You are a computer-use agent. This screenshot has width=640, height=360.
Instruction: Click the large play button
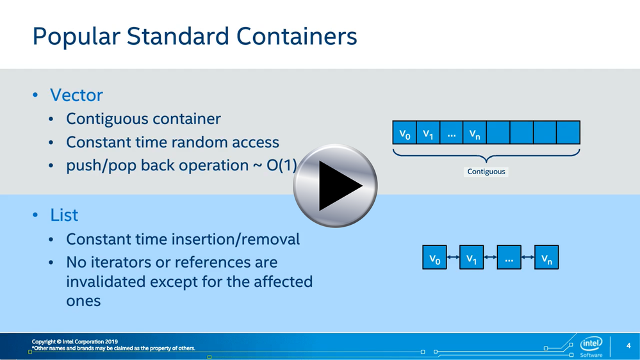(x=335, y=186)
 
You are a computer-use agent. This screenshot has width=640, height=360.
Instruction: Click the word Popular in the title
(x=76, y=37)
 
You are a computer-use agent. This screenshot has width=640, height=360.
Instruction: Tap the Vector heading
(x=76, y=95)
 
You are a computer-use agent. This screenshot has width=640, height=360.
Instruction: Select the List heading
(x=64, y=215)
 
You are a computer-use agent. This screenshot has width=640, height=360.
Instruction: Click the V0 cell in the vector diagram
(x=404, y=133)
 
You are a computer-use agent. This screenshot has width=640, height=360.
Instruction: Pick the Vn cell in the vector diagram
(x=475, y=133)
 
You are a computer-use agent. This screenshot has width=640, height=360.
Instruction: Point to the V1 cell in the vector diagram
(x=428, y=133)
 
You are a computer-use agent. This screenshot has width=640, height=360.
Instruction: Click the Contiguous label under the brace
(x=486, y=172)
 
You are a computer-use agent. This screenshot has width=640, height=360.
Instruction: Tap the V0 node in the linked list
(x=435, y=257)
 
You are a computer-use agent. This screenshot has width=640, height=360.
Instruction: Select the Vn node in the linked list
(x=546, y=257)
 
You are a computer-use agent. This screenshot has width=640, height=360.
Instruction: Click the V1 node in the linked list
(x=472, y=257)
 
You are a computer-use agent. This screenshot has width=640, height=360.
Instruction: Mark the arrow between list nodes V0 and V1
(x=453, y=257)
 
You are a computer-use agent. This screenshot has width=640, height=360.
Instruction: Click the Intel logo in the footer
(x=591, y=344)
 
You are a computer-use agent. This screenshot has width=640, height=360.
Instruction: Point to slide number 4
(x=628, y=346)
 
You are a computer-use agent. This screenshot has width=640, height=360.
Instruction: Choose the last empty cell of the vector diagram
(x=568, y=133)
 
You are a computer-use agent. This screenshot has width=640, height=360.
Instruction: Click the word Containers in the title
(x=297, y=37)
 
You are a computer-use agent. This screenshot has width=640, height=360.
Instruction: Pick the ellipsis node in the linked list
(x=509, y=257)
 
